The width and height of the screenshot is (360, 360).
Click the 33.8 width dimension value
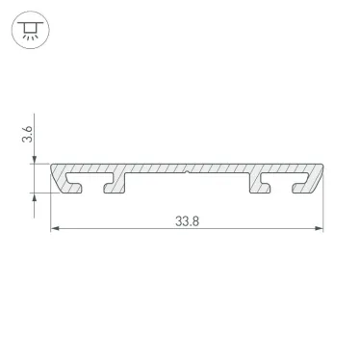click(x=187, y=219)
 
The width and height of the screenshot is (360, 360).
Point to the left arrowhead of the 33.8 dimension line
click(x=55, y=229)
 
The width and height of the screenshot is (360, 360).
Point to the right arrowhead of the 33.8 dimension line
click(x=318, y=229)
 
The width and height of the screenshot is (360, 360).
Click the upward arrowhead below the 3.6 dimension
click(x=38, y=192)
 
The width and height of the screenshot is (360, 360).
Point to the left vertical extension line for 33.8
click(x=50, y=212)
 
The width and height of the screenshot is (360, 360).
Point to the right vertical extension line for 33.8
click(x=322, y=212)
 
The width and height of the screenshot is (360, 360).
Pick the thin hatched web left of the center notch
click(x=154, y=169)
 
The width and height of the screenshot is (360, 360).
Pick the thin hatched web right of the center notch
click(x=219, y=169)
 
